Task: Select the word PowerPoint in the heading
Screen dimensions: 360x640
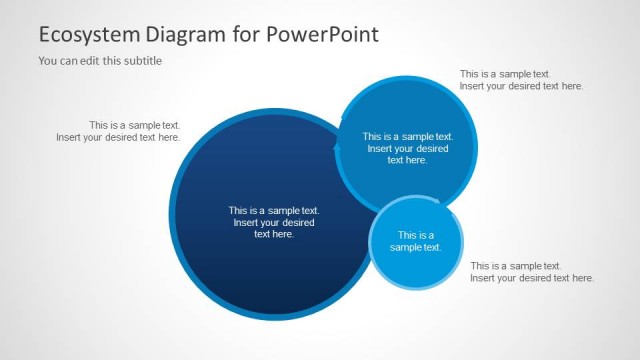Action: [322, 35]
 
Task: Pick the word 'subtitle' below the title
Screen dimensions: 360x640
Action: [141, 60]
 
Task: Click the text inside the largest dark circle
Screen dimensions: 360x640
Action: [273, 222]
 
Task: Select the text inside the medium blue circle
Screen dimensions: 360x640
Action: [407, 148]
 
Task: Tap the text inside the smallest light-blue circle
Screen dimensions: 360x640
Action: [415, 241]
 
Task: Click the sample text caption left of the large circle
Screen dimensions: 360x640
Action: [118, 131]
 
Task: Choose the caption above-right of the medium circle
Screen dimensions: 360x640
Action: [521, 80]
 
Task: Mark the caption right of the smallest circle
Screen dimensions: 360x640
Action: [532, 272]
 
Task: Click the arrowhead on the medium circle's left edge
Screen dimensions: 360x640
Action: [337, 149]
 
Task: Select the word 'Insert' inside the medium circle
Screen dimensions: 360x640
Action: [382, 148]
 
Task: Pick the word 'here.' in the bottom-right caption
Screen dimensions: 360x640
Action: [580, 278]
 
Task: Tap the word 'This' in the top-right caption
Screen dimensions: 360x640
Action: [470, 74]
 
